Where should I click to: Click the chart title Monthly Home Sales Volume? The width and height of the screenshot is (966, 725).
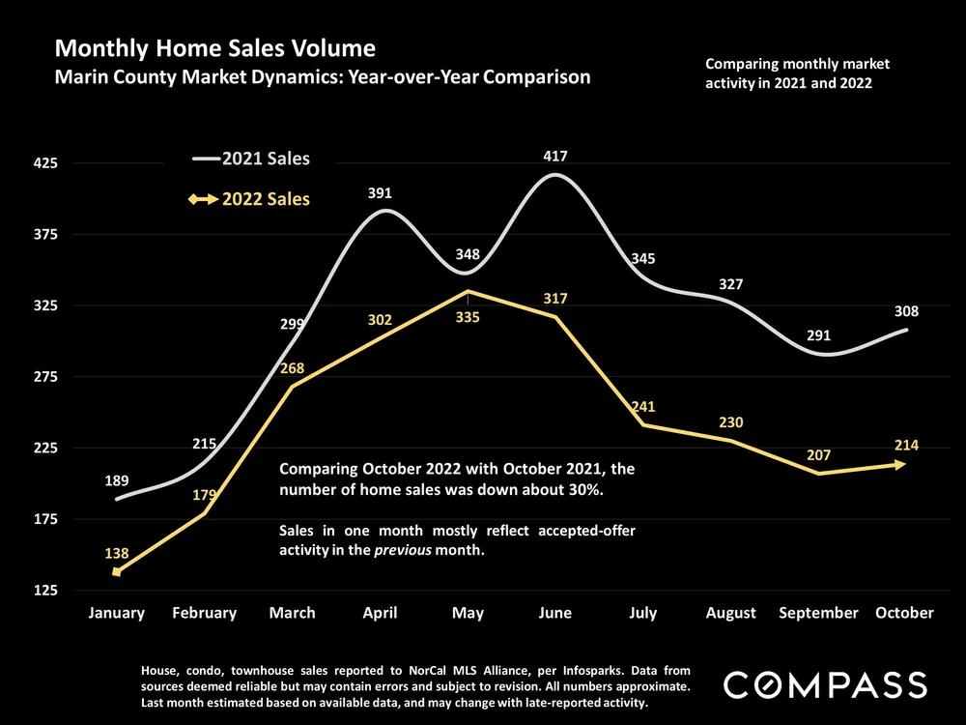(x=215, y=47)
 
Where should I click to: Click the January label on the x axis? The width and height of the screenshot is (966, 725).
(x=116, y=613)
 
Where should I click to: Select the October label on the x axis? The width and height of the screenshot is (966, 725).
(x=905, y=613)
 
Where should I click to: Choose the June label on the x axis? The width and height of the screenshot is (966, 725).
(x=554, y=613)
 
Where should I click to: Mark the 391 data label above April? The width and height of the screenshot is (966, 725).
(x=381, y=193)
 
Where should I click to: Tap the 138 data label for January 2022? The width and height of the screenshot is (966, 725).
(x=117, y=551)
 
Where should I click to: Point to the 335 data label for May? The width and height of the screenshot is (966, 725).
(x=467, y=315)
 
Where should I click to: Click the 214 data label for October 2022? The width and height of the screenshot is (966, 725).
(x=906, y=446)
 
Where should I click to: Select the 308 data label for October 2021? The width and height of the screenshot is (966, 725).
(x=906, y=312)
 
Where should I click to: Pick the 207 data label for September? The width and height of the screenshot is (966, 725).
(x=818, y=454)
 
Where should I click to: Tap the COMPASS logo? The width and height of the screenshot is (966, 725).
(x=825, y=685)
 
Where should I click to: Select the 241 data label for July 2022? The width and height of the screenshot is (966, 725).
(x=643, y=407)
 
